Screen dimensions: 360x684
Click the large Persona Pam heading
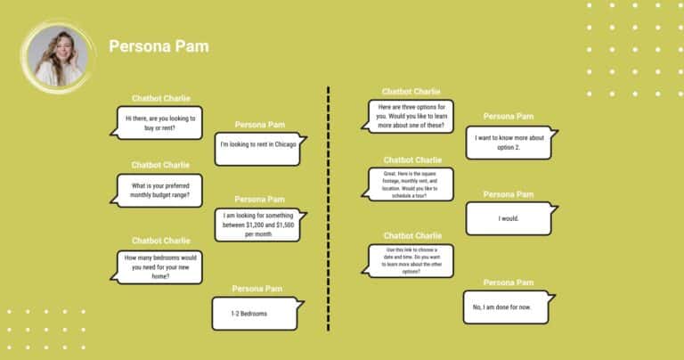(159, 45)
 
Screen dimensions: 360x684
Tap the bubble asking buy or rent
(160, 123)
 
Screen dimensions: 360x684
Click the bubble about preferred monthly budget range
(160, 190)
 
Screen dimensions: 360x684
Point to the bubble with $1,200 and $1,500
(258, 225)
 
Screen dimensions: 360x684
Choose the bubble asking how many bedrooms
(160, 266)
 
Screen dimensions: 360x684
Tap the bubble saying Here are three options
(410, 116)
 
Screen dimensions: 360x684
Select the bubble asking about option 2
(509, 143)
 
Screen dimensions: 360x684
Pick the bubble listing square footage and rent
(410, 184)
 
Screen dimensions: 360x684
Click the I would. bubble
(509, 218)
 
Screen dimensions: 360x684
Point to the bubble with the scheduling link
(410, 260)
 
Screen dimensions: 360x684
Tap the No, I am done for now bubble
(506, 307)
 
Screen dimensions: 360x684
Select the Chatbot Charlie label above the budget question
(160, 165)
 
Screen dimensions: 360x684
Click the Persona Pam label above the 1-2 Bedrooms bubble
(258, 288)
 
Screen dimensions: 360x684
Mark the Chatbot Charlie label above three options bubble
(411, 91)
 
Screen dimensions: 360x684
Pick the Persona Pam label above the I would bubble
(508, 193)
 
